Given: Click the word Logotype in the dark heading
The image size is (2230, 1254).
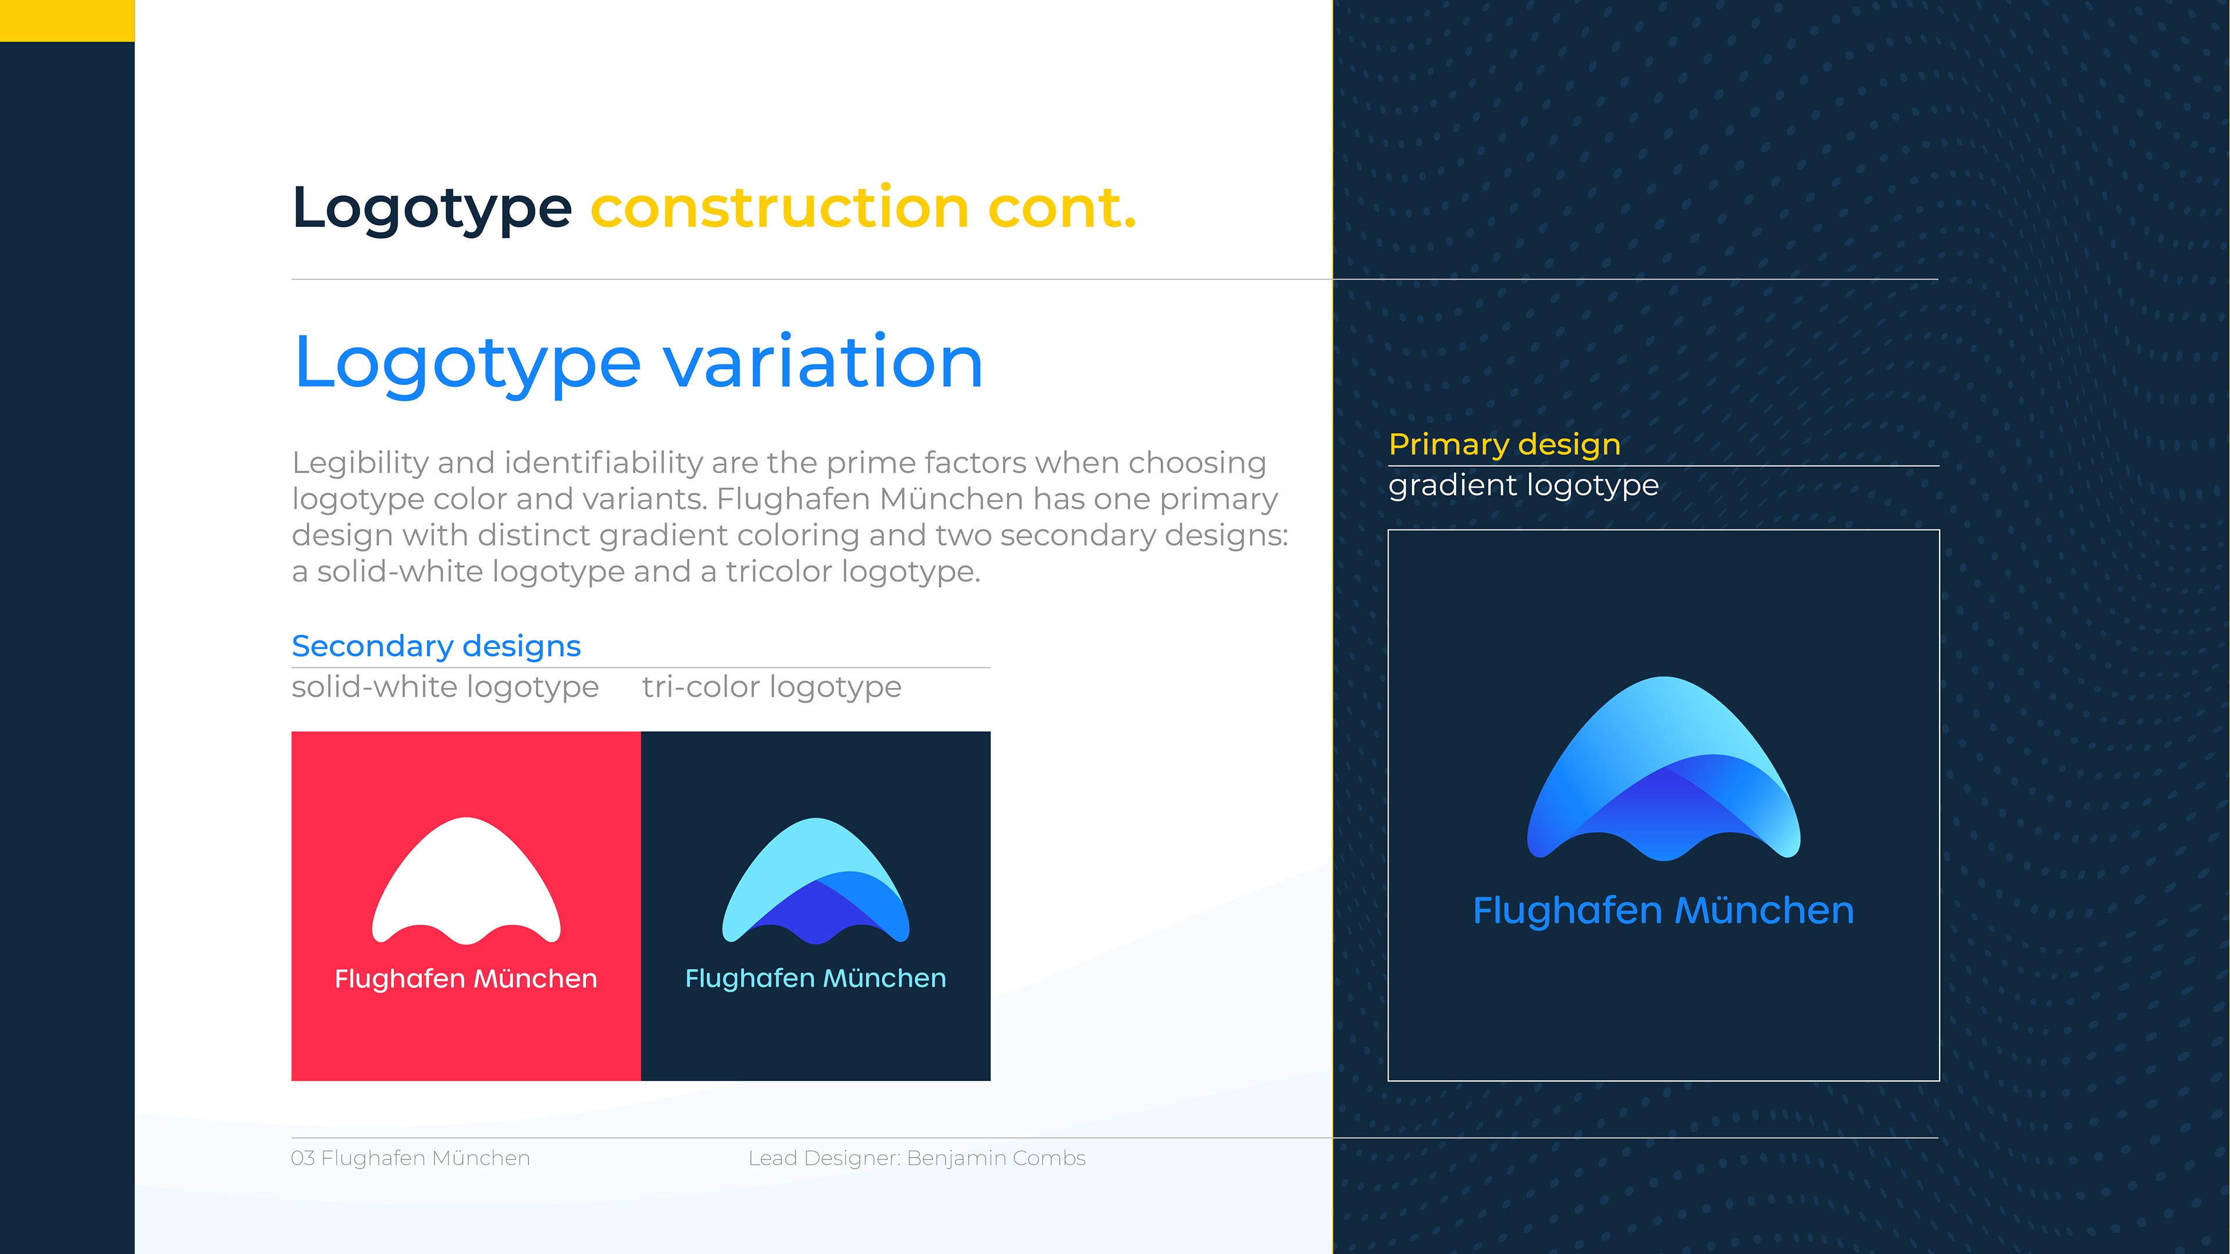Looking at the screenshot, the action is [x=432, y=208].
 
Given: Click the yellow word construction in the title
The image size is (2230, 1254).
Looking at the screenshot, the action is [x=779, y=208].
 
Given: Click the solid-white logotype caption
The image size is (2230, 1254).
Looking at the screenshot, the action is [x=445, y=687].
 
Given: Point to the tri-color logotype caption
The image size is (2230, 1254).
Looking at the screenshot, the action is [x=771, y=687].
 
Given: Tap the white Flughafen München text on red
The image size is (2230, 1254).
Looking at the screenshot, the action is [x=466, y=979].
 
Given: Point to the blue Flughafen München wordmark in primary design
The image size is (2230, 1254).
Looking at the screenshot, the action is [x=1664, y=911].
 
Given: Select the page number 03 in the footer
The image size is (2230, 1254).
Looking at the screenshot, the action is [x=303, y=1159].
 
